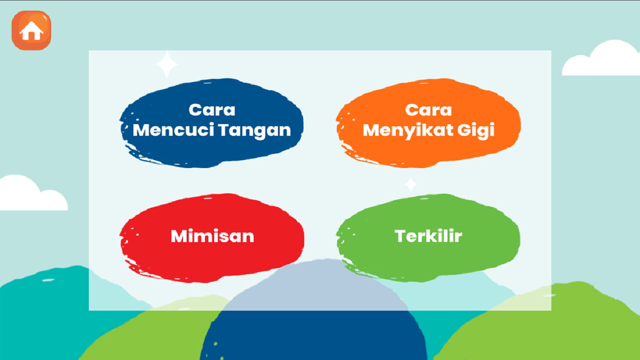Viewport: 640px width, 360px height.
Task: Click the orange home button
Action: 31,30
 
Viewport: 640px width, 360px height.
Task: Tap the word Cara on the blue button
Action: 212,110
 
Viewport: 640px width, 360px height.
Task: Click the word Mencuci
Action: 173,130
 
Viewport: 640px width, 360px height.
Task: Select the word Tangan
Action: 255,131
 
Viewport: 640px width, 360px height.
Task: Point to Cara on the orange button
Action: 428,110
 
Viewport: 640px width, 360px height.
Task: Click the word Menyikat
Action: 407,131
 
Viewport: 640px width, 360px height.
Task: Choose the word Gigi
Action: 476,131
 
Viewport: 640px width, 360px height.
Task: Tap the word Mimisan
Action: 212,236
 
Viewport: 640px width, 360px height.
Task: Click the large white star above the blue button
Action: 167,64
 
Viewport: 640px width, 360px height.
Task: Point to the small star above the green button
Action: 410,184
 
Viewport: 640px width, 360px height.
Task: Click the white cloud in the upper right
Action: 601,58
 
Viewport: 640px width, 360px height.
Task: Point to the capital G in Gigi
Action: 464,130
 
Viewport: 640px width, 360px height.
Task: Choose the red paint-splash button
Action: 212,238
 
